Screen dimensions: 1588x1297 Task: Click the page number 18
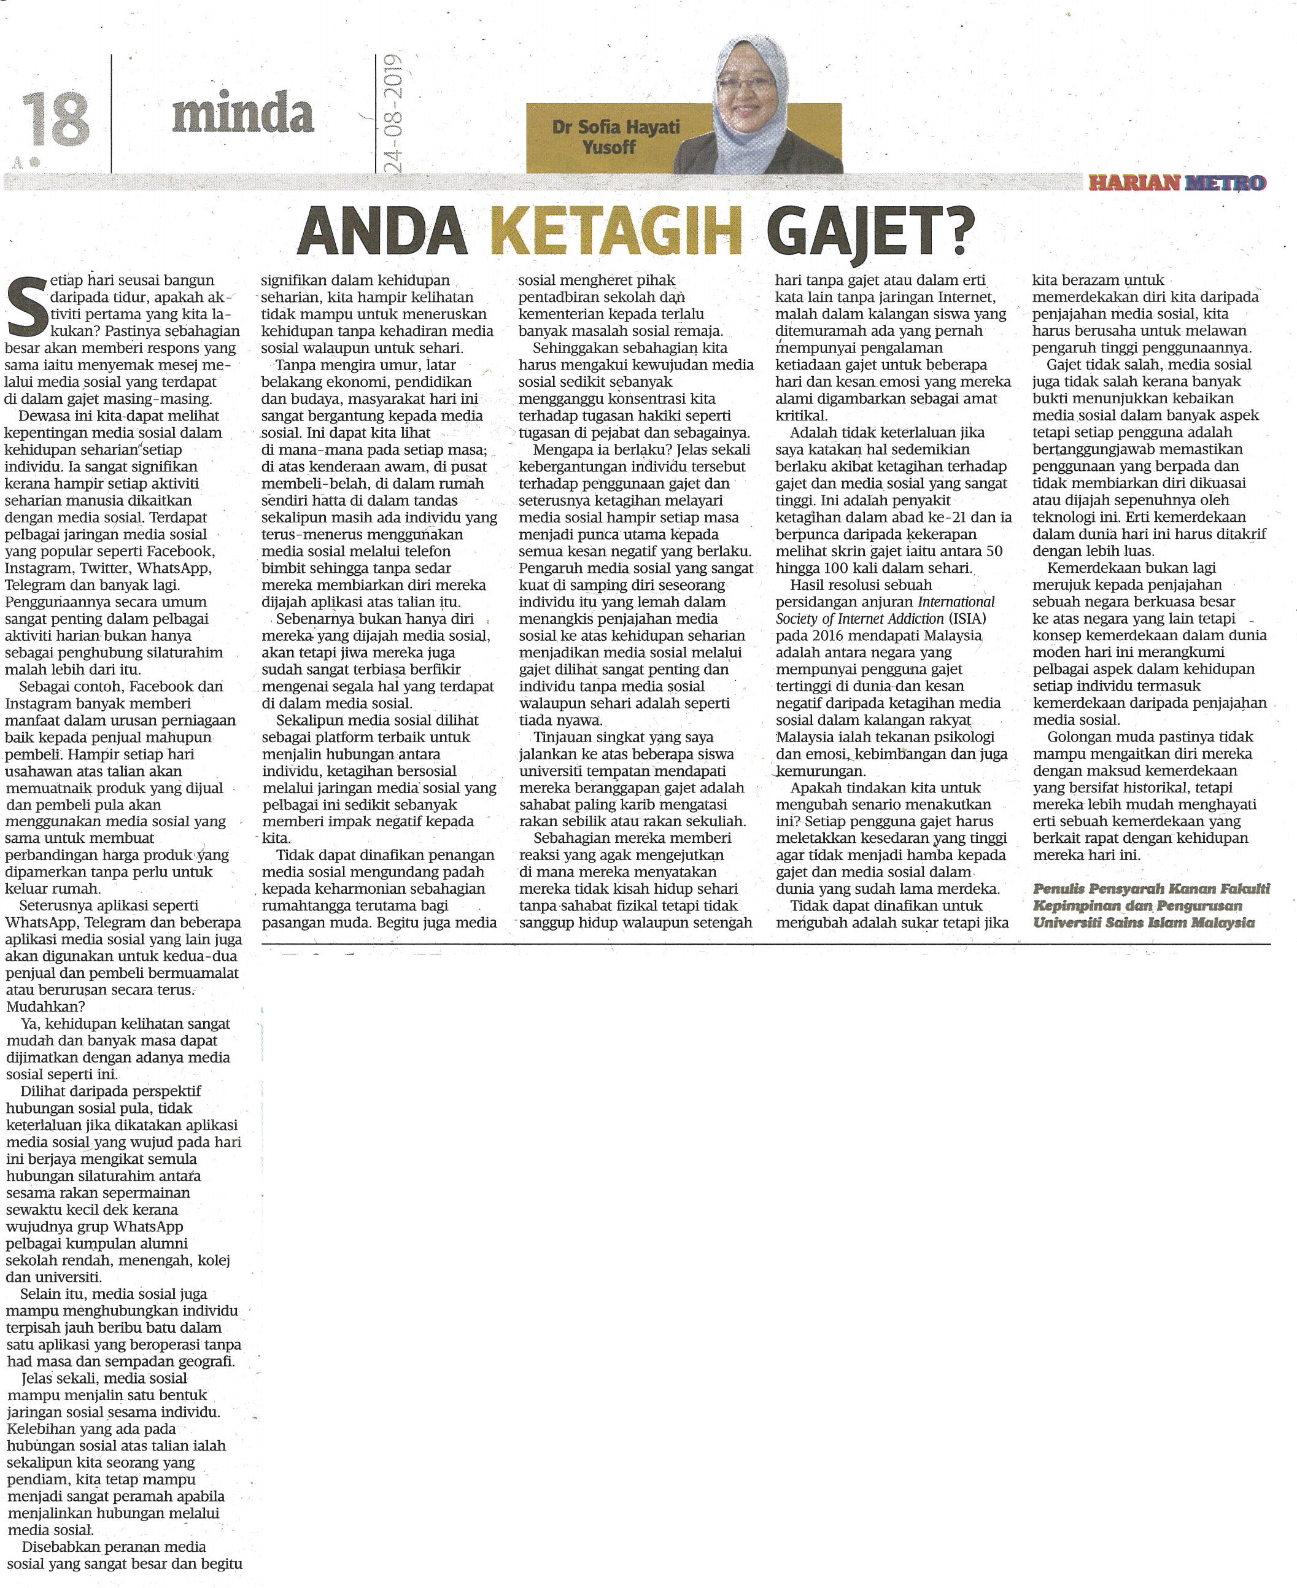pos(55,120)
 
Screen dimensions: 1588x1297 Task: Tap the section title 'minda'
pos(243,114)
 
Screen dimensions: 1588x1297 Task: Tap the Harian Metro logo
pos(1177,182)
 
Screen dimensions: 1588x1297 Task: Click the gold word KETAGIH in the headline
pos(616,231)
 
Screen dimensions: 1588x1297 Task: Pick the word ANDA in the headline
pos(382,231)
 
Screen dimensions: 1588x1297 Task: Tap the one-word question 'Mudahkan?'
pos(45,1006)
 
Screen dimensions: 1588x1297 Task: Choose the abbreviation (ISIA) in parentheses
pos(967,619)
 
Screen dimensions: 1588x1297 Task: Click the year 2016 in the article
pos(819,636)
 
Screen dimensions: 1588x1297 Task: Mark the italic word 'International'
pos(956,602)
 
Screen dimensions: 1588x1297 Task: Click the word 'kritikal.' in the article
pos(801,416)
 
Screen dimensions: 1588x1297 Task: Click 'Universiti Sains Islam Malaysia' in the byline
pos(1143,923)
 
